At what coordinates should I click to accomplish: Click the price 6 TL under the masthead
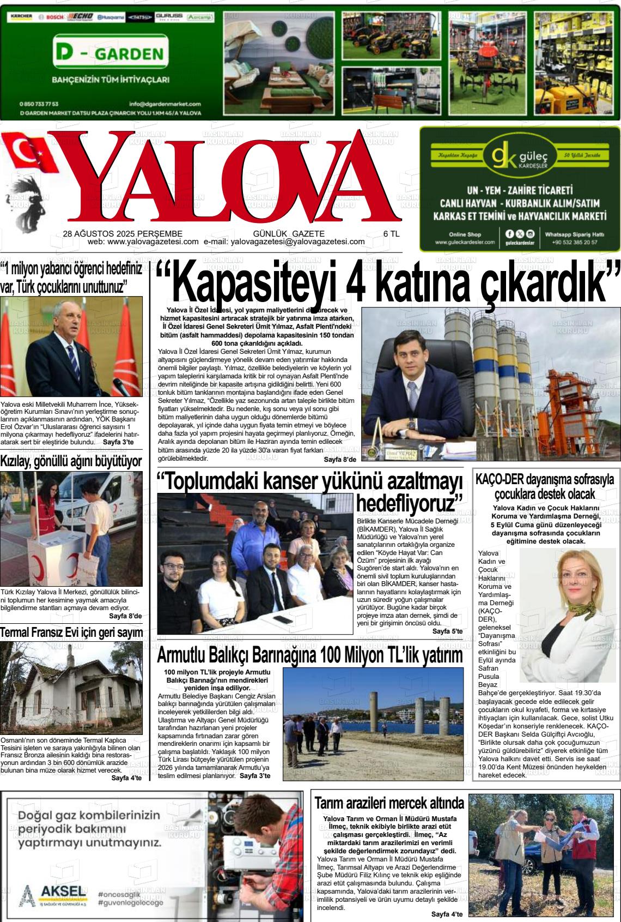392,233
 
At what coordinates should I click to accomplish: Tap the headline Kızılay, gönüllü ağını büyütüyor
71,461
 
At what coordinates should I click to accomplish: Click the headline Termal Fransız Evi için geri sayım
71,632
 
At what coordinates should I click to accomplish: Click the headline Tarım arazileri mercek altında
389,803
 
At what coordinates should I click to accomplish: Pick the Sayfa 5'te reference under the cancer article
447,631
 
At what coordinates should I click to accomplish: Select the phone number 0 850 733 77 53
39,104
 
